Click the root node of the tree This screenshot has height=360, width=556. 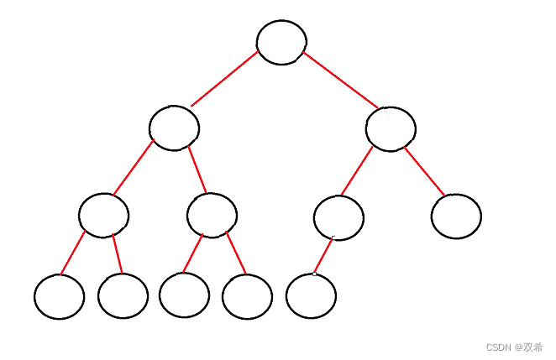point(281,43)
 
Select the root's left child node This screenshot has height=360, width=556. point(174,128)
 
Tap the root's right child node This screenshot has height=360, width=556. point(391,128)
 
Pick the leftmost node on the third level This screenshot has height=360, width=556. point(103,215)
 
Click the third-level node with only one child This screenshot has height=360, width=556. point(338,217)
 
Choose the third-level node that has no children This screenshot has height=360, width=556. point(456,216)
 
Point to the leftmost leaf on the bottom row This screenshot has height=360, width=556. point(60,296)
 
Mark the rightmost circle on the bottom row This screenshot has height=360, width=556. point(311,296)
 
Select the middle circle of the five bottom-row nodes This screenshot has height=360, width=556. point(184,295)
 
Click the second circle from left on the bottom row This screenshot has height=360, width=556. point(123,295)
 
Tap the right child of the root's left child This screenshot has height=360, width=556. point(212,215)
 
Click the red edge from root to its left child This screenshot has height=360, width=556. point(225,79)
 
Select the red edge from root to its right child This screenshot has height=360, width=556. point(340,80)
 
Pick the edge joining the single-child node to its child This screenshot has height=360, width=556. point(323,256)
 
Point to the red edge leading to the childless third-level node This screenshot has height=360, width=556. point(425,171)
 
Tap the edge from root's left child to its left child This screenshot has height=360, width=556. point(133,168)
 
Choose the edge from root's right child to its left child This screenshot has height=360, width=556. point(357,170)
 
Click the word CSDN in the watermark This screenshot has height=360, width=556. point(499,347)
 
